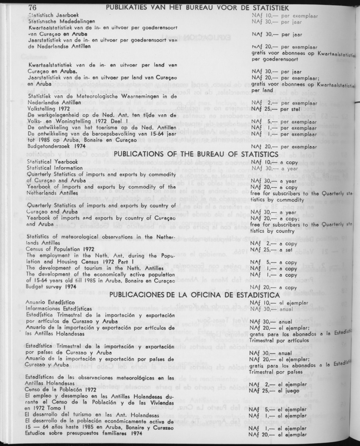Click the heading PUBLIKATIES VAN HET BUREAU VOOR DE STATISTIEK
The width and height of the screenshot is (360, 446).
pyautogui.click(x=197, y=8)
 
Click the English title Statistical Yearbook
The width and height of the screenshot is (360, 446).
pyautogui.click(x=52, y=161)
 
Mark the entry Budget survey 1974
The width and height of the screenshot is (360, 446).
pyautogui.click(x=51, y=286)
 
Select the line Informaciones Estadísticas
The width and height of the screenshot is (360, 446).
pyautogui.click(x=59, y=308)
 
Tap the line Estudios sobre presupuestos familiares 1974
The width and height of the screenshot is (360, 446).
pyautogui.click(x=82, y=434)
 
